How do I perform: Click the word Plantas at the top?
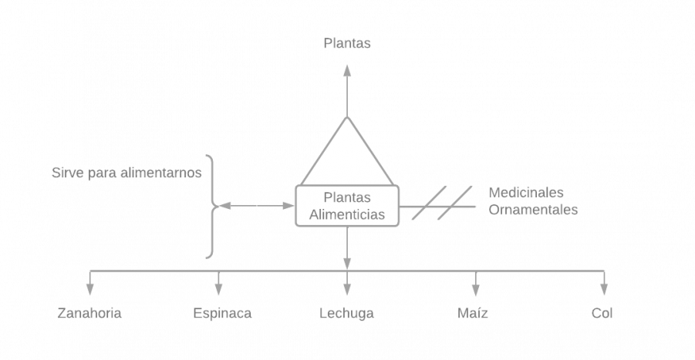tap(347, 43)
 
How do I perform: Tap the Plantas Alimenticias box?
tap(347, 206)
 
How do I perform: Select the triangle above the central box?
tap(347, 155)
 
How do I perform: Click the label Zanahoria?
tap(89, 313)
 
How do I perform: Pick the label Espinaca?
tap(222, 313)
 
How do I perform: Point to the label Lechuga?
tap(347, 313)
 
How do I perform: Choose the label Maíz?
tap(472, 313)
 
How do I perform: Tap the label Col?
tap(602, 313)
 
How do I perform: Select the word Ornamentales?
tap(533, 209)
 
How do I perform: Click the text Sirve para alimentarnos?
tap(127, 173)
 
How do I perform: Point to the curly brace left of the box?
tap(211, 206)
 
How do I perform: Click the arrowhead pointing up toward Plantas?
tap(347, 70)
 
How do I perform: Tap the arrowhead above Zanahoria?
tap(90, 289)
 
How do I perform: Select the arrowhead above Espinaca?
tap(218, 289)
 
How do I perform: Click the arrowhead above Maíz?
tap(475, 289)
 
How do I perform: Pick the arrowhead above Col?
tap(604, 289)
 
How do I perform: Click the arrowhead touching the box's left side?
tap(288, 206)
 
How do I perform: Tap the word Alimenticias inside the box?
tap(346, 215)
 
